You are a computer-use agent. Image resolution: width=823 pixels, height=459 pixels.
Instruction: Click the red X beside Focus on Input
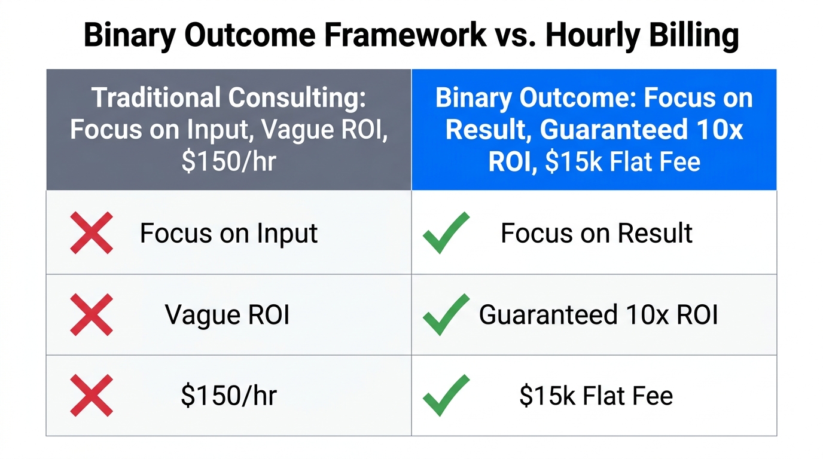tap(92, 232)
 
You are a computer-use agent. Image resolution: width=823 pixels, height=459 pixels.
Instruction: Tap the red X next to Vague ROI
tap(92, 314)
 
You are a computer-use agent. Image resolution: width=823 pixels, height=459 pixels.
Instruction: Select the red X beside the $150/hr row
tap(92, 396)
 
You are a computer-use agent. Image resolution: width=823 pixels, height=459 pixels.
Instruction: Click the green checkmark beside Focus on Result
tap(446, 232)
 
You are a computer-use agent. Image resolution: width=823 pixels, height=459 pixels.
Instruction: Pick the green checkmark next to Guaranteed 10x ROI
tap(446, 314)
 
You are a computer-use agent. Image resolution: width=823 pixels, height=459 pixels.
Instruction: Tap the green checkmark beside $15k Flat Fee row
tap(446, 396)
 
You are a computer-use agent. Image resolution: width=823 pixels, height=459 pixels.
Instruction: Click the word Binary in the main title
tap(129, 35)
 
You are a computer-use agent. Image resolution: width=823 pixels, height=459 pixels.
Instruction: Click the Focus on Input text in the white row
tap(228, 233)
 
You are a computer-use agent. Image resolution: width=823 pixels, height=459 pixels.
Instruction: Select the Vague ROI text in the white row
tap(227, 315)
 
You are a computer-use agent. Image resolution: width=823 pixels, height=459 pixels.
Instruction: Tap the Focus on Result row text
tap(596, 233)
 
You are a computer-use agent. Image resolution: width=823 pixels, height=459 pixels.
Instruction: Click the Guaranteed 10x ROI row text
tap(598, 315)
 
